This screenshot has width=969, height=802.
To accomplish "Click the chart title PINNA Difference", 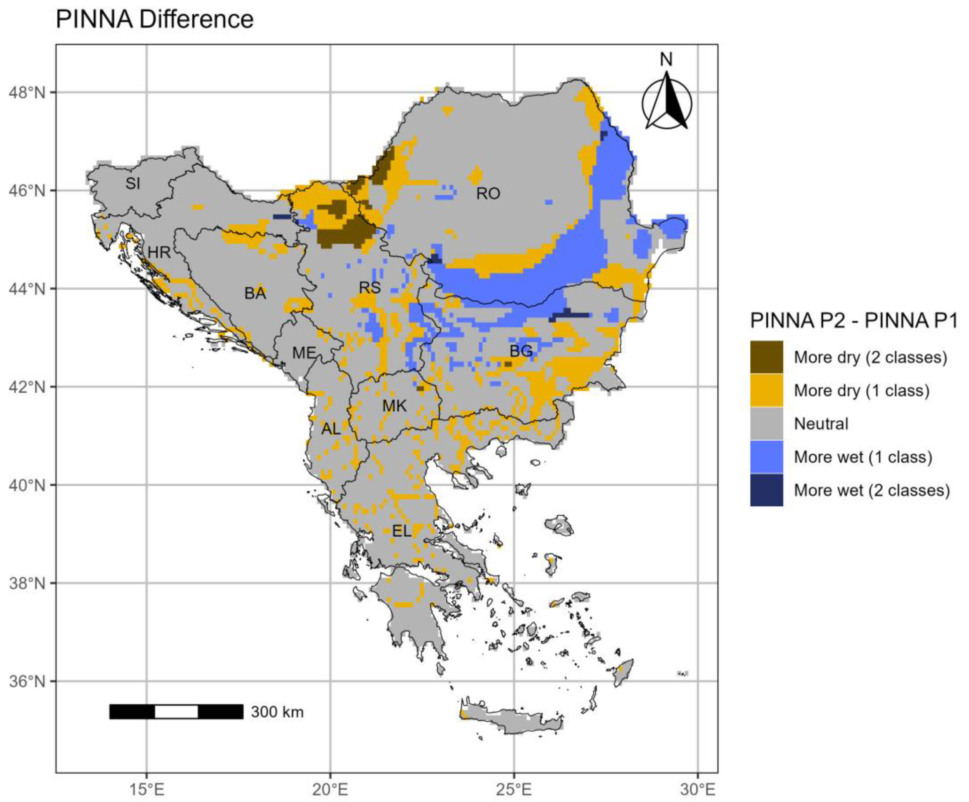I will tap(155, 20).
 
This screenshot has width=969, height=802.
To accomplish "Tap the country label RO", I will tap(488, 194).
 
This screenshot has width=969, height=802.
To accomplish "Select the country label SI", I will tap(133, 183).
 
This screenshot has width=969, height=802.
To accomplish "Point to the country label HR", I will tap(159, 252).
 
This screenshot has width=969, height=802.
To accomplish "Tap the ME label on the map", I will tap(304, 353).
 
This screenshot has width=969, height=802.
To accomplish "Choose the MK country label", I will tap(395, 406).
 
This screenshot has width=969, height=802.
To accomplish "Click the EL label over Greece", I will tap(401, 531).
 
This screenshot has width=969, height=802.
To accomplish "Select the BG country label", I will tap(521, 351).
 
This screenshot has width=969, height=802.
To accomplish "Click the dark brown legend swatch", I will tap(767, 357).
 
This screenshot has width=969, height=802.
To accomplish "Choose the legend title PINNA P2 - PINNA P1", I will tap(854, 321).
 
